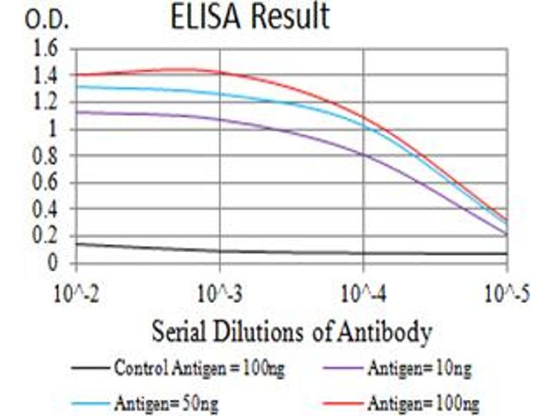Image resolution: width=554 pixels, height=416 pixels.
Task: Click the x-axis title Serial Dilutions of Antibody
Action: [292, 331]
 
